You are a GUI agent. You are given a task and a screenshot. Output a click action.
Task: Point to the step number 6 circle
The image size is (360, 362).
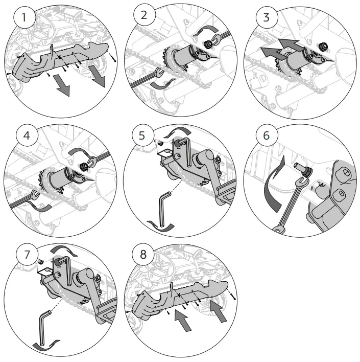pos(266,137)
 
